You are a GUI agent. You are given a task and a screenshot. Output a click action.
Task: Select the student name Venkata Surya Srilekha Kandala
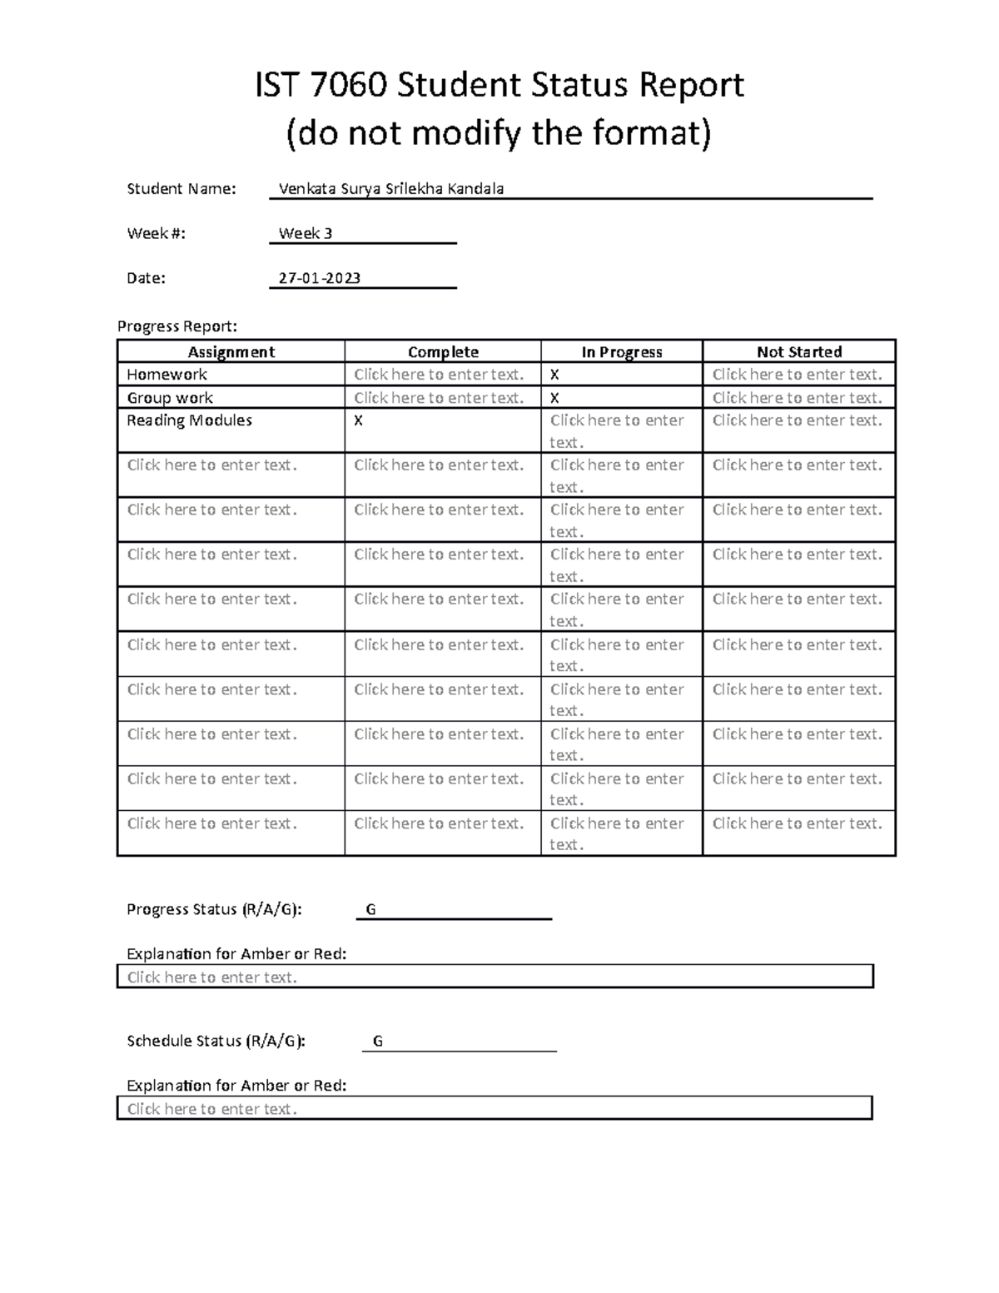coord(391,189)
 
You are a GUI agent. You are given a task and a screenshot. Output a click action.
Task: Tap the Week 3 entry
coord(306,234)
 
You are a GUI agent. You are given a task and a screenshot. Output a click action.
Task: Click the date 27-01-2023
coord(320,278)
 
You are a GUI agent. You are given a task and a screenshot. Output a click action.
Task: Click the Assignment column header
coord(231,352)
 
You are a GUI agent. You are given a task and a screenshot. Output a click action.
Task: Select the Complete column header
coord(443,352)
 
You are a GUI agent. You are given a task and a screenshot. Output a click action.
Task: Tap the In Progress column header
coord(622,352)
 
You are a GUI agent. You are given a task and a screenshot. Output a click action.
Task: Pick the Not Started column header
coord(799,352)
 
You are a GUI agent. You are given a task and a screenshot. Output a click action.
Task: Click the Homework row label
coord(167,375)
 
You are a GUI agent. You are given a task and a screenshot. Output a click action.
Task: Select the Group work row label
coord(170,398)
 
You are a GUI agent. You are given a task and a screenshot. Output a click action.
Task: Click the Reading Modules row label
coord(189,420)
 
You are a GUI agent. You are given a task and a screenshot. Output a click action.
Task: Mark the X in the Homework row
coord(554,375)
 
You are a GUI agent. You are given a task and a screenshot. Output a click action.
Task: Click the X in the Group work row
coord(554,399)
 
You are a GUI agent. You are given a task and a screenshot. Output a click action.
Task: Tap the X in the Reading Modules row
coord(359,421)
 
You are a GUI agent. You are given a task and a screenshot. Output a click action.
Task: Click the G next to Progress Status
coord(371,910)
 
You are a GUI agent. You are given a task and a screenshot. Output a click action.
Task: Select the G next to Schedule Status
coord(378,1042)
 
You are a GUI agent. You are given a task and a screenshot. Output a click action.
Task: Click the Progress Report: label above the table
coord(177,326)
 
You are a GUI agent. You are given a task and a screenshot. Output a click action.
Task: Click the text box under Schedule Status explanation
coord(495,1108)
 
